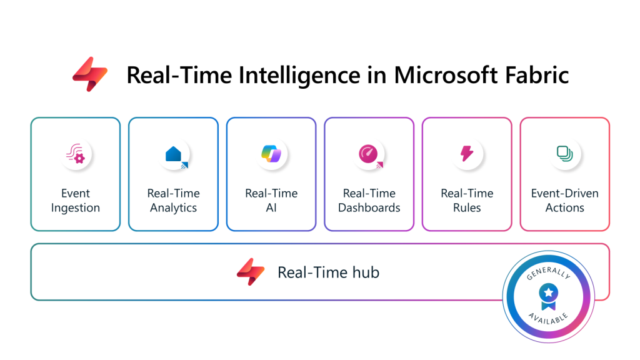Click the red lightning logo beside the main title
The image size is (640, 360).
coord(90,74)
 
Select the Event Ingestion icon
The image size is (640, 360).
coord(76,154)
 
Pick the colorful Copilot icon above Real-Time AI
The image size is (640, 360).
coord(271,154)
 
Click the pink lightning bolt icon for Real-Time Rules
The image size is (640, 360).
coord(467,154)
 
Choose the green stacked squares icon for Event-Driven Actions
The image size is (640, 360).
coord(565,154)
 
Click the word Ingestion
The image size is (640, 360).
coord(76,208)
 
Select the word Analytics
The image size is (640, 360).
coord(174,208)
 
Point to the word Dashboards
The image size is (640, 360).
coord(369,207)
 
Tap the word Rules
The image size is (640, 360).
coord(467,207)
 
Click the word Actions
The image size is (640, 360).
coord(565,207)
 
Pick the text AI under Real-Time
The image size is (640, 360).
coord(271,207)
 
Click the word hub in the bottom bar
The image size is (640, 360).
coord(366,272)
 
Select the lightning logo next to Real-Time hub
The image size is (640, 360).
coord(251,272)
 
